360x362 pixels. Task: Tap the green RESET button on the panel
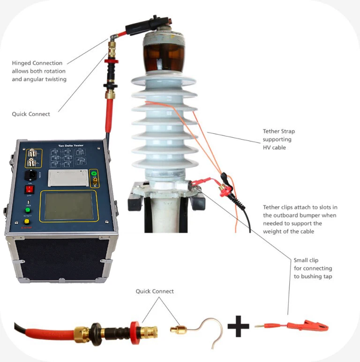(x=28, y=210)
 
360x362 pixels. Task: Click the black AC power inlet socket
(x=30, y=177)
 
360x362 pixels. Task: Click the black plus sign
(x=238, y=326)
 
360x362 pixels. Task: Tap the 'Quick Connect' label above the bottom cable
(x=155, y=291)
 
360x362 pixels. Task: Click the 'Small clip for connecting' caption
(x=313, y=268)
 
